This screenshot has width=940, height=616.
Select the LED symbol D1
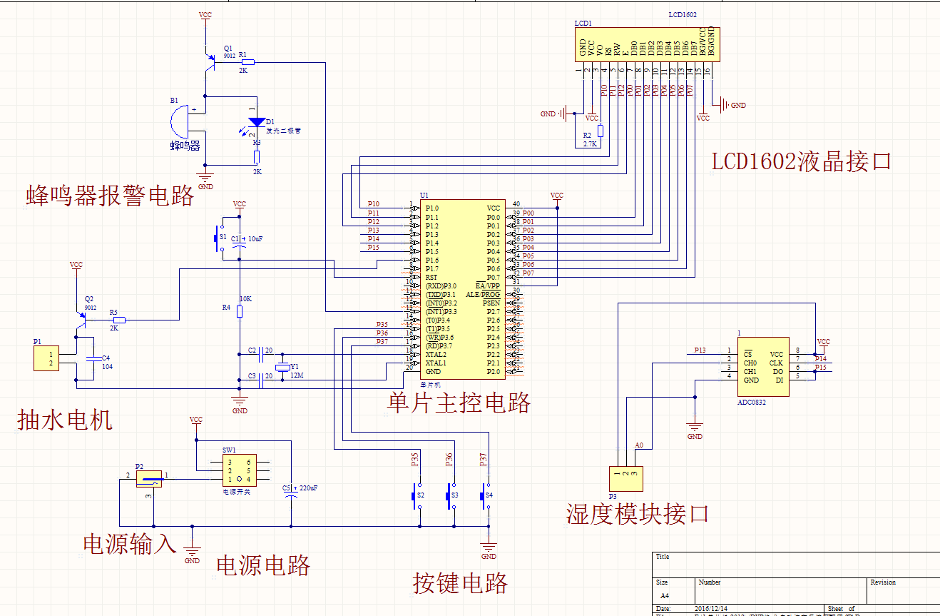257,122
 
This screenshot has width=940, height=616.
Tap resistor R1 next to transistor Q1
247,63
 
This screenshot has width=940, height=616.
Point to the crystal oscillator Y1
283,368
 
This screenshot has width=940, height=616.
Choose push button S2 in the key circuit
414,495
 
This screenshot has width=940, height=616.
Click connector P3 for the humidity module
625,478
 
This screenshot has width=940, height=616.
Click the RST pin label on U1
431,278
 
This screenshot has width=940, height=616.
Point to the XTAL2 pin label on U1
436,355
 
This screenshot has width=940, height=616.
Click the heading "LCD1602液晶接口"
801,162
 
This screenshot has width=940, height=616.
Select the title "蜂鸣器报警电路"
110,196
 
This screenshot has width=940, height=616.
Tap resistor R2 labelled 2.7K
601,131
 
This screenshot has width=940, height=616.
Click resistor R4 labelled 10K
240,311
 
